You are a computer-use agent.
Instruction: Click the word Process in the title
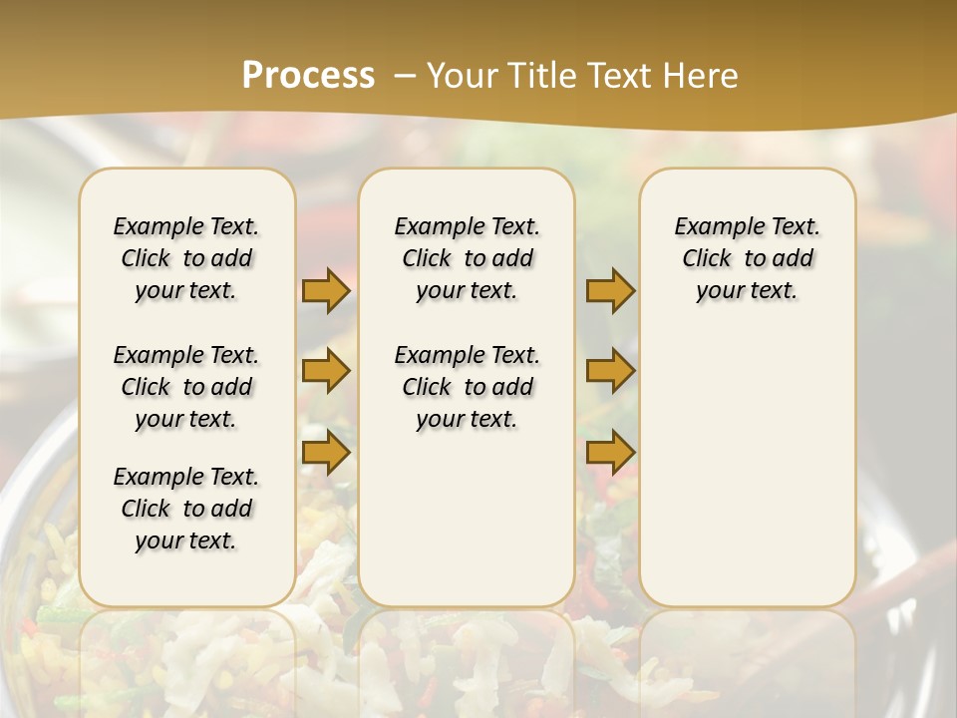click(x=308, y=76)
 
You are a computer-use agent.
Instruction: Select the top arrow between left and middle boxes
click(x=326, y=291)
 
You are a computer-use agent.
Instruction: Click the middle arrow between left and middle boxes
click(x=326, y=371)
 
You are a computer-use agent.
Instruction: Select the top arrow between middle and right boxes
click(x=610, y=291)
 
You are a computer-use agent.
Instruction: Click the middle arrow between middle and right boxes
click(x=610, y=371)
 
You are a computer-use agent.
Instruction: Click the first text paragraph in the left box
click(x=186, y=258)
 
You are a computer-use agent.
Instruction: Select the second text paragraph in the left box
click(x=186, y=387)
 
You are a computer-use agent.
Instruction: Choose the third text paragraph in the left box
click(x=186, y=509)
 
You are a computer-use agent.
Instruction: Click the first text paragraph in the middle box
click(x=467, y=258)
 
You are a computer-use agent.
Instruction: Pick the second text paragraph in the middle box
click(x=467, y=387)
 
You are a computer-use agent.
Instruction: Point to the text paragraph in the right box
click(x=748, y=258)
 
